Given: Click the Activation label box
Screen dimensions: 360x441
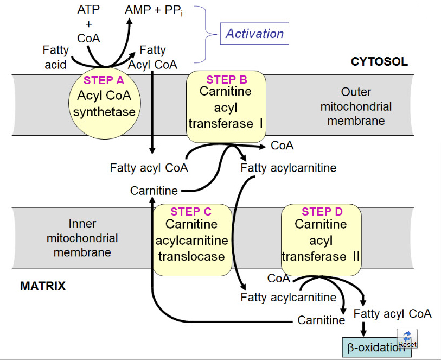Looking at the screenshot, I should click(254, 34).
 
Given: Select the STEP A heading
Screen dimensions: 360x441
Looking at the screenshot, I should click(104, 80).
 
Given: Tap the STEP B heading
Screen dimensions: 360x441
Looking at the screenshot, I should click(226, 80).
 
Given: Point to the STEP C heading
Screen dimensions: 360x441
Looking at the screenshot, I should click(191, 212).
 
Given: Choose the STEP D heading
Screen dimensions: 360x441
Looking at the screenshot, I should click(322, 212).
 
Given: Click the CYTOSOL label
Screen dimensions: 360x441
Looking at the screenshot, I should click(379, 61).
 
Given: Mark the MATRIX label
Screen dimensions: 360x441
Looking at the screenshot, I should click(43, 286).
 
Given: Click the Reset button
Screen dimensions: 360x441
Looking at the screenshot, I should click(407, 339).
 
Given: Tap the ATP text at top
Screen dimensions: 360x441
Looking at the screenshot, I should click(88, 10).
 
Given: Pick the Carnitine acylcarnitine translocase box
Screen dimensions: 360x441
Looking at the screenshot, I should click(190, 240).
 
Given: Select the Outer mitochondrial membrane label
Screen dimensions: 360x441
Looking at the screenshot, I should click(356, 106).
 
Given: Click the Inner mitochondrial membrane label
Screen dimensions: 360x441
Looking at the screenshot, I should click(82, 238).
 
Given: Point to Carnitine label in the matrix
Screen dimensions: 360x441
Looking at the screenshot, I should click(321, 320).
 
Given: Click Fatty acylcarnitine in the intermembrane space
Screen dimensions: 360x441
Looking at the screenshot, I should click(288, 168).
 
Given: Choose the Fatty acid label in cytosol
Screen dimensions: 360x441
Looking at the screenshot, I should click(56, 58).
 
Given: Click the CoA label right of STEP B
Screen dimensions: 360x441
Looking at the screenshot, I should click(282, 146).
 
